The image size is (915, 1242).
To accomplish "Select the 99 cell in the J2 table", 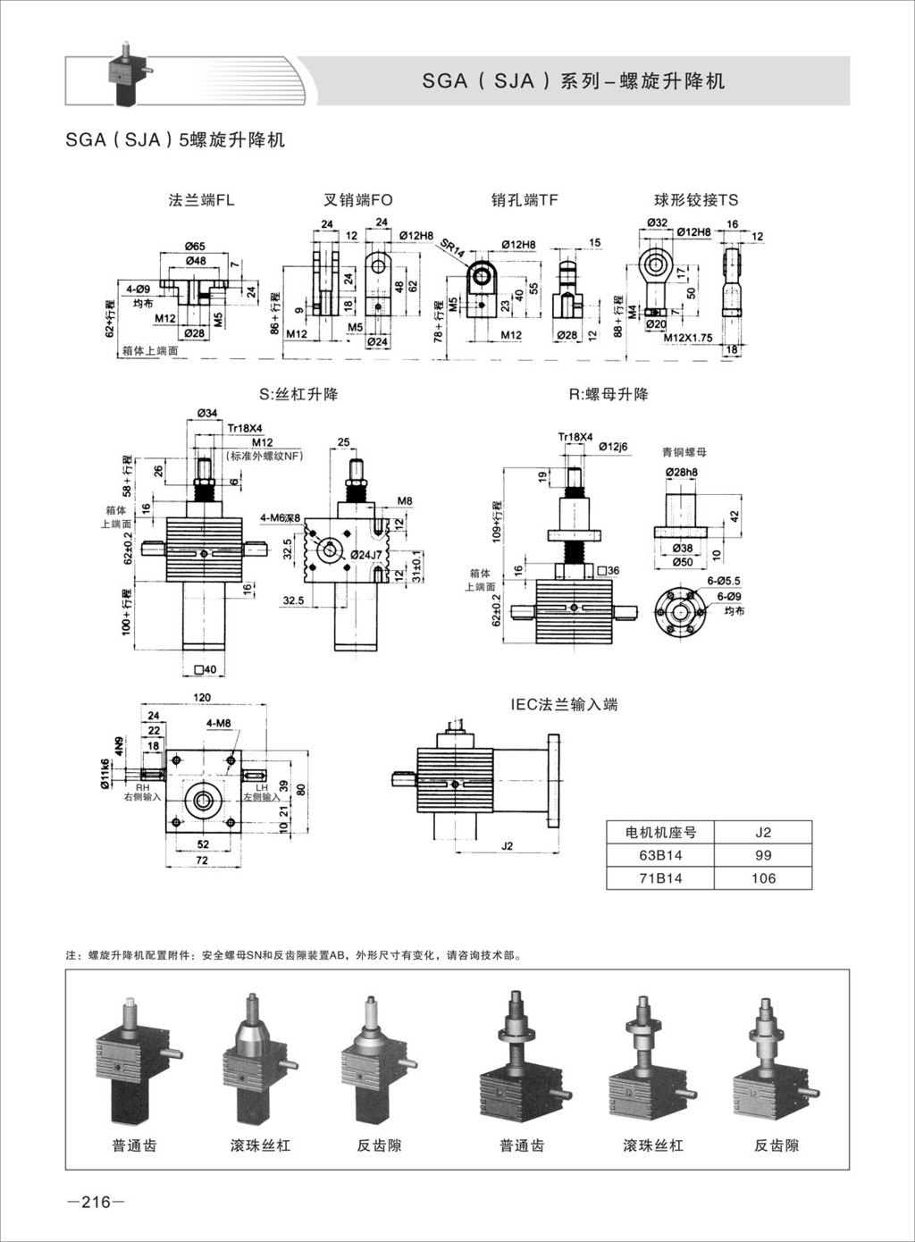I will coord(763,855).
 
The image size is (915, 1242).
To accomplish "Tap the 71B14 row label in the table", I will coord(660,878).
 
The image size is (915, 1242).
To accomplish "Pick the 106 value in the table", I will coord(763,878).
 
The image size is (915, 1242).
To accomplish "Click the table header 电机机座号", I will coord(660,832).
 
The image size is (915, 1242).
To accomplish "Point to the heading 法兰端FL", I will coord(201,200).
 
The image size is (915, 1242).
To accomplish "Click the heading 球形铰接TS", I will coord(696,200).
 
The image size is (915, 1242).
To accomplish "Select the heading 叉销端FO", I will coord(357,200).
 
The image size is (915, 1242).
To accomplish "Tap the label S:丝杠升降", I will coord(298,394).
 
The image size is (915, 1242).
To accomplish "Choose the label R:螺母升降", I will coord(609,394).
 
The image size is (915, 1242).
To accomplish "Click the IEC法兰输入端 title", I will coord(564,704).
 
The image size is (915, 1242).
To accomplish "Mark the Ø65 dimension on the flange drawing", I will coord(195,246).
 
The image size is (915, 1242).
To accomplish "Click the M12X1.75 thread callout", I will coord(688,338).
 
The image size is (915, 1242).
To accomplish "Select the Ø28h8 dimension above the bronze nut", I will coord(681,472).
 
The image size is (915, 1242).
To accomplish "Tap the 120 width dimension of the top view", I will coord(202,697).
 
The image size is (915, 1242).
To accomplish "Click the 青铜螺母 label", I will coord(684,453).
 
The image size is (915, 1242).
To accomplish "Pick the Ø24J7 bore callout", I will coord(366,555).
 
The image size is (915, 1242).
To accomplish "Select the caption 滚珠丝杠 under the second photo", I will coord(260,1145).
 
